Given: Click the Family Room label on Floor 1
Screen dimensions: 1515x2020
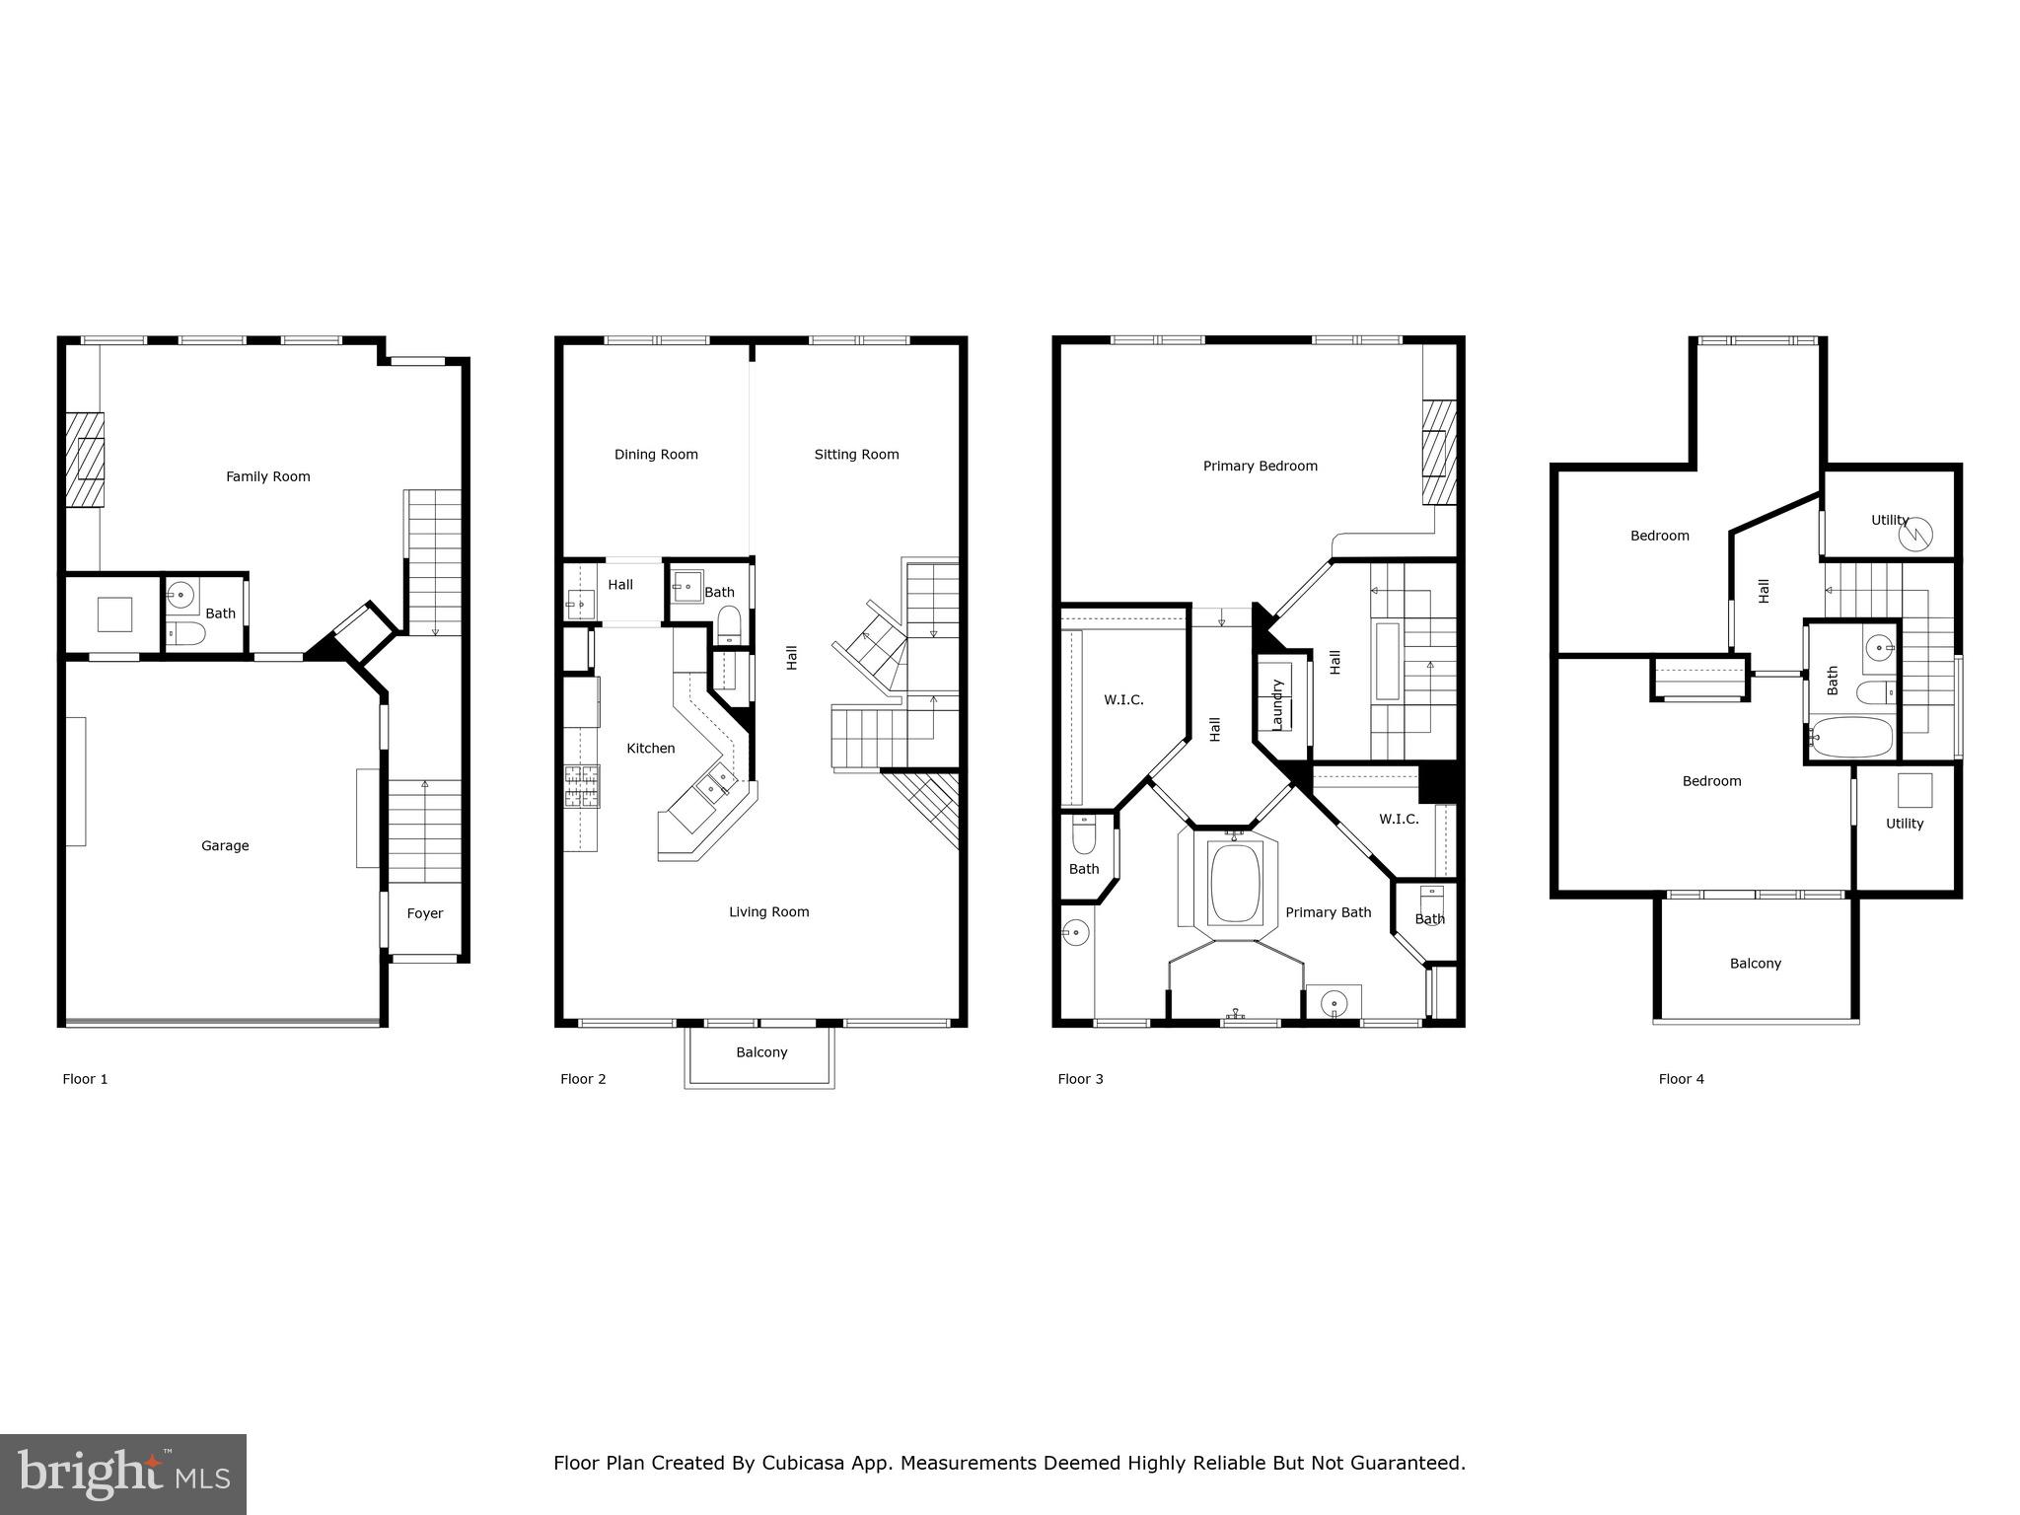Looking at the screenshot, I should [267, 476].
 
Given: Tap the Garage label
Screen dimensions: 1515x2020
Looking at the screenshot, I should [225, 845].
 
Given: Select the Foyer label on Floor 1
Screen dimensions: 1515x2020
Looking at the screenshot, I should [425, 913].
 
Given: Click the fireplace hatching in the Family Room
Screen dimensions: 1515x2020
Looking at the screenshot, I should [86, 459].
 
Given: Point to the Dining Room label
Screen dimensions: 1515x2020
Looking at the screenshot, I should [656, 455].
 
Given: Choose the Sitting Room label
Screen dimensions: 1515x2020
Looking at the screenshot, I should [856, 455].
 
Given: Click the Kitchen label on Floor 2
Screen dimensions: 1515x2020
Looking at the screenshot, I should [651, 749].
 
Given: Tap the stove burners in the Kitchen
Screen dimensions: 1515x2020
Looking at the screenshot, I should [582, 786].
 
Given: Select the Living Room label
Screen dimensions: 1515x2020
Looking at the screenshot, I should [768, 912].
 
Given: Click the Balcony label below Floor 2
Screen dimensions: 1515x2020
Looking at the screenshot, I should [761, 1052].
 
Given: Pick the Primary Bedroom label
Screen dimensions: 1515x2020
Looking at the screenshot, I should [1260, 467].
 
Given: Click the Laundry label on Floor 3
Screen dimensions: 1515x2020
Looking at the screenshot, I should [1277, 704].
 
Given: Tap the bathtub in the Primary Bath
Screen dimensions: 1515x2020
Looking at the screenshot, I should [1235, 882].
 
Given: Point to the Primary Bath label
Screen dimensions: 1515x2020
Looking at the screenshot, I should [1328, 913].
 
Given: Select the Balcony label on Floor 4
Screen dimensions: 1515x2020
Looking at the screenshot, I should [1755, 964].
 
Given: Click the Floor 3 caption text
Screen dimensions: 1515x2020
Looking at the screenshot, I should [1080, 1079].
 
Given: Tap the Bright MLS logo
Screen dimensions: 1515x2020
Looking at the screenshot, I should [123, 1475].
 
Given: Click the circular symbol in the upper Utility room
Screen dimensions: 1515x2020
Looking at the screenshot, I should [1915, 536].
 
